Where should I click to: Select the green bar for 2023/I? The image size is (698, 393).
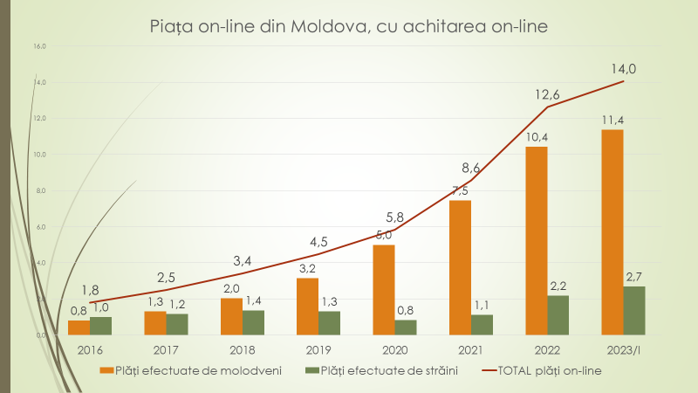[634, 310]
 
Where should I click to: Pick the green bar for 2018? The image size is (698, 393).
[253, 322]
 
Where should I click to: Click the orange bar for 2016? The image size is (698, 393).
[79, 327]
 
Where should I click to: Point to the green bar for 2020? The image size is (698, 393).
[406, 327]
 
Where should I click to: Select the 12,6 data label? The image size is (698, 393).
[547, 93]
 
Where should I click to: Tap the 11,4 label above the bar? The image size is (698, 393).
[612, 120]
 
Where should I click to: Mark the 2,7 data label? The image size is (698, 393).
[634, 277]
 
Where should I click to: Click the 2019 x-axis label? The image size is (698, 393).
[318, 349]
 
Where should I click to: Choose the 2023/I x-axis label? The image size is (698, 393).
[623, 349]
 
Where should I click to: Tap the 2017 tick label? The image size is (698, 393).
[166, 349]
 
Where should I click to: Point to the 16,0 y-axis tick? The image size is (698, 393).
[39, 45]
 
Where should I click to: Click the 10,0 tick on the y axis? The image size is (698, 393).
[39, 155]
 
